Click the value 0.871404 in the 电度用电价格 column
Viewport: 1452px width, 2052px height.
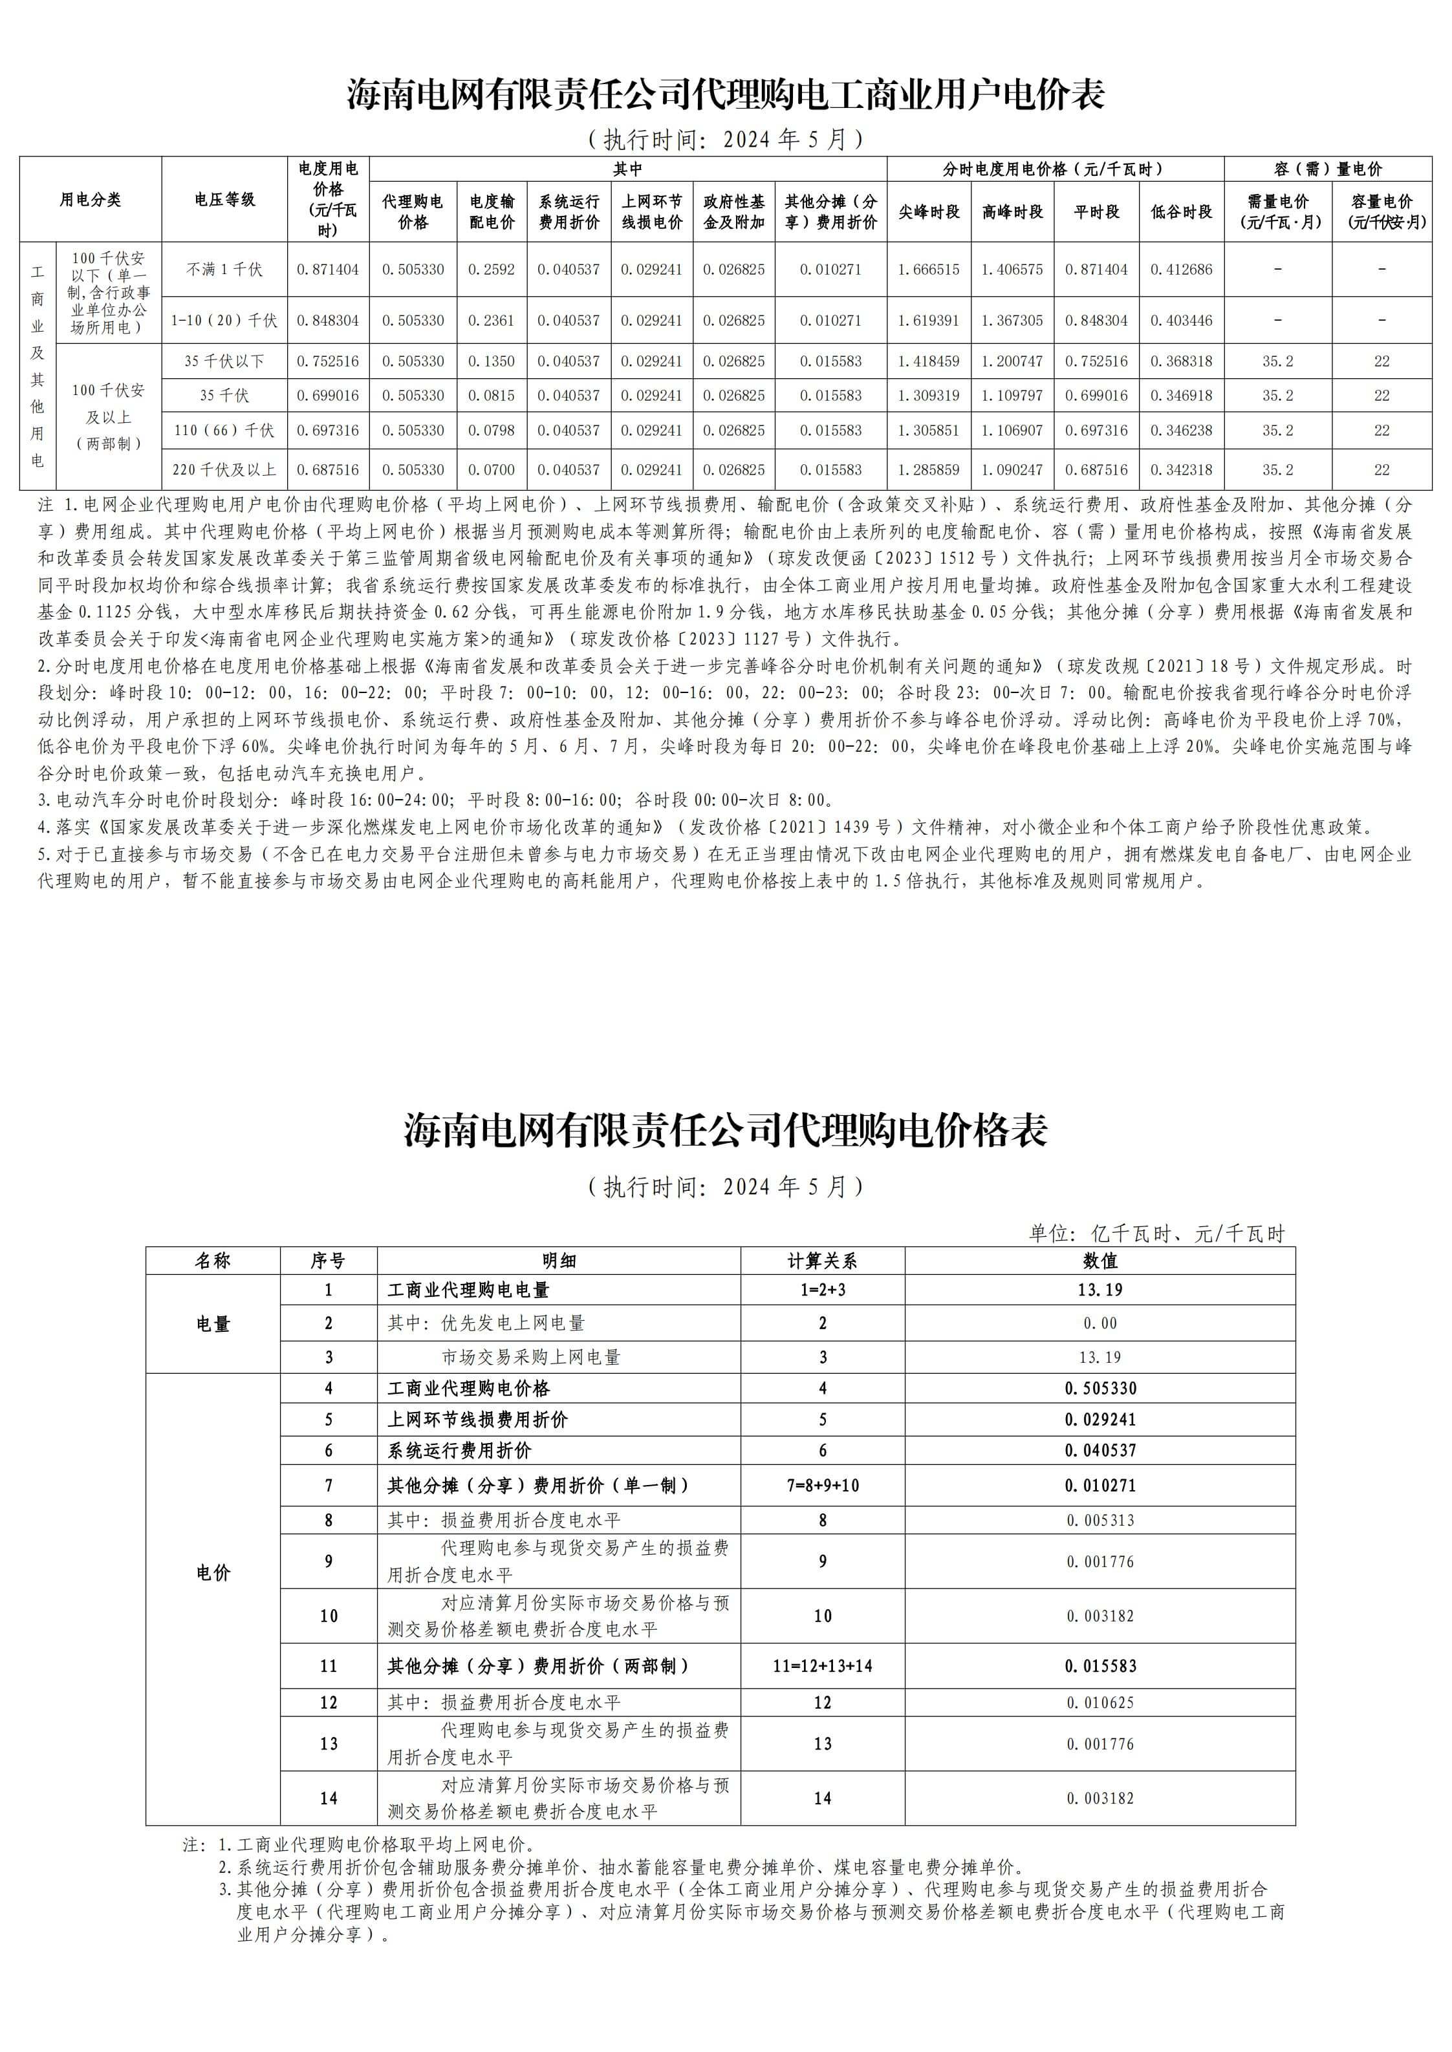tap(327, 269)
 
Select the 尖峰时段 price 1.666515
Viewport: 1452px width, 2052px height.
tap(928, 269)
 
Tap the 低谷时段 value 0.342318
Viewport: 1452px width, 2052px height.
tap(1181, 469)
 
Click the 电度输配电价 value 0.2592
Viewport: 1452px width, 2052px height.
tap(492, 269)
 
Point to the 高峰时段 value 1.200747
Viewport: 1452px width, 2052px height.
tap(1012, 361)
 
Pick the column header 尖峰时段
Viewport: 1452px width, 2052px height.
tap(928, 212)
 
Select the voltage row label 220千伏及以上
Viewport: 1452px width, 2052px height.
tap(224, 469)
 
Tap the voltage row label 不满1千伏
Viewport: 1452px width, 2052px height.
tap(224, 269)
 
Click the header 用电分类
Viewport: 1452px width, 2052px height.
tap(91, 199)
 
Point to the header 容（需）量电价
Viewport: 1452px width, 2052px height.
tap(1328, 169)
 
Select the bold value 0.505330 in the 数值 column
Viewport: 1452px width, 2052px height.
tap(1100, 1388)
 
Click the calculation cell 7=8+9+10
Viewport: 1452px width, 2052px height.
tap(823, 1486)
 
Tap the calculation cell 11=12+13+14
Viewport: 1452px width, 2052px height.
tap(823, 1666)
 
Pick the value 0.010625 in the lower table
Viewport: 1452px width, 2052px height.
tap(1100, 1702)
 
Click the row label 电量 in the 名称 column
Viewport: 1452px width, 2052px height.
tap(213, 1323)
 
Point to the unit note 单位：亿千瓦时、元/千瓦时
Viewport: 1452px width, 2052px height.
tap(1156, 1234)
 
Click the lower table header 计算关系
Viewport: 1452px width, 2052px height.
tap(823, 1261)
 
